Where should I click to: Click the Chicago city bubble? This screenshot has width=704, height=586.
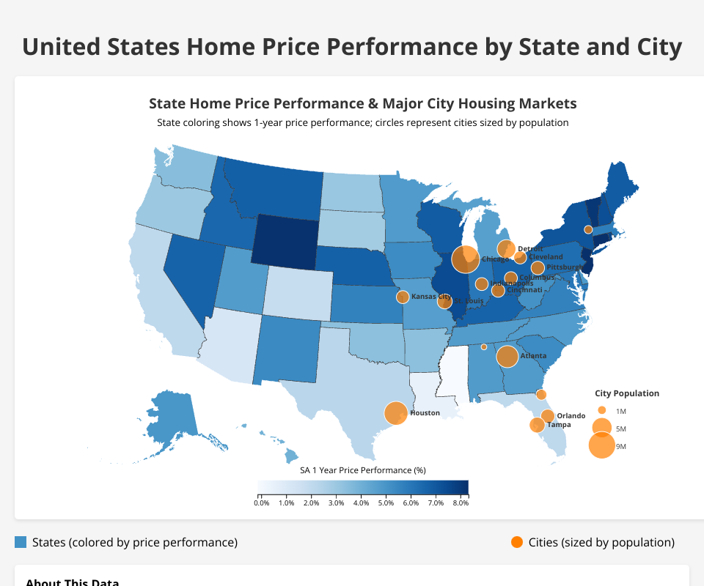coord(465,259)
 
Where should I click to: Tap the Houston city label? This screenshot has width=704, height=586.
coord(425,413)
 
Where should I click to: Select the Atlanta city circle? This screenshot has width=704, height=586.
coord(507,356)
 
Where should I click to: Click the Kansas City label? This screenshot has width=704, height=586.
coord(430,297)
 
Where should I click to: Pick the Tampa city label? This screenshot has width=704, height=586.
coord(559,425)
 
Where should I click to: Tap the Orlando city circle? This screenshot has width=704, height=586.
coord(547,416)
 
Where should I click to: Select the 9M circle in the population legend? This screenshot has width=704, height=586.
coord(601,445)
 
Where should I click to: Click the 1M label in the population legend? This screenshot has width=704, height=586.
coord(621,412)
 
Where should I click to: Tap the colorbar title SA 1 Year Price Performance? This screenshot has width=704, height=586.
coord(363,470)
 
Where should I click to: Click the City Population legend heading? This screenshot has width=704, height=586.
coord(627,393)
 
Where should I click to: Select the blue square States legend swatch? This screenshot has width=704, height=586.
coord(21,542)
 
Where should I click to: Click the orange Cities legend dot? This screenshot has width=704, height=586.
coord(517,542)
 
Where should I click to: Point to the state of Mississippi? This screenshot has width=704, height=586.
coord(455,374)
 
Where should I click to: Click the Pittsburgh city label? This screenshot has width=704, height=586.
coord(564,267)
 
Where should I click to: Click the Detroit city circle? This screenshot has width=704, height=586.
coord(506,248)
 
